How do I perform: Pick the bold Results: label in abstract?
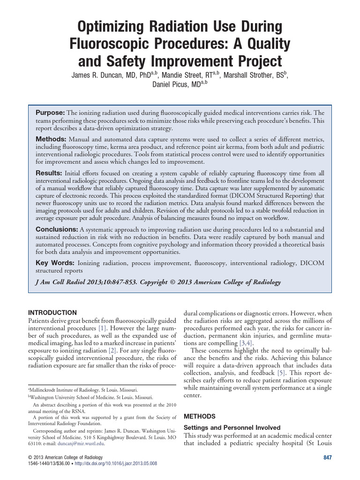pos(49,173)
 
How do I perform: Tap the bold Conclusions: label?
pos(57,229)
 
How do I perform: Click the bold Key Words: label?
pos(53,263)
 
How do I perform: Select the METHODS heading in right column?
pos(200,416)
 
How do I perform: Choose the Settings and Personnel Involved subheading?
pos(232,428)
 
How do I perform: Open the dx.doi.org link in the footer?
pos(116,463)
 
